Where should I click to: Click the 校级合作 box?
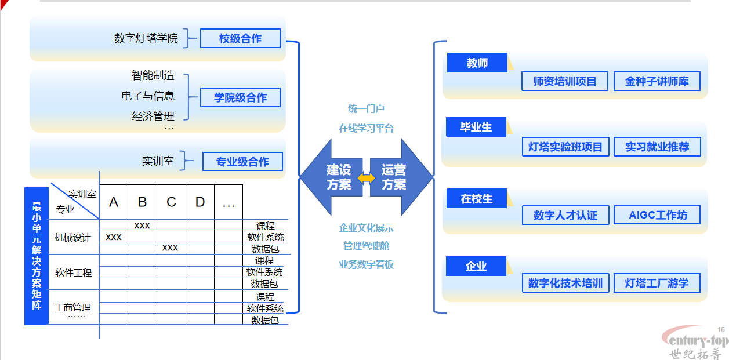point(240,39)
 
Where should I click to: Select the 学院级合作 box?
point(240,97)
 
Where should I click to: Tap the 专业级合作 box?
point(242,162)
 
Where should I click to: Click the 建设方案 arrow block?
point(334,177)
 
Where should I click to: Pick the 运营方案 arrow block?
point(398,177)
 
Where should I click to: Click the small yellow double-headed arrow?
point(366,178)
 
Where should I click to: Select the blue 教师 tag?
point(477,63)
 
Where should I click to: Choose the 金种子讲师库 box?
point(657,82)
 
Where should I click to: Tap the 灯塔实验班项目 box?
point(565,147)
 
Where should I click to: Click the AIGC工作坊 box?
point(657,215)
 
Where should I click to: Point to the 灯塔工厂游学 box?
point(657,283)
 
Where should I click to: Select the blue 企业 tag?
point(476,267)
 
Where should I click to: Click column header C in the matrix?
point(171,202)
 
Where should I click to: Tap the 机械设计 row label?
point(72,238)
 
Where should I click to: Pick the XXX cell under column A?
point(114,237)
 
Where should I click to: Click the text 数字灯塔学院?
point(146,39)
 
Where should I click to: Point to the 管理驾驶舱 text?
point(366,246)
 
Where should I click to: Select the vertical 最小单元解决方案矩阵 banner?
point(37,255)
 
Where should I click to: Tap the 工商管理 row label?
point(72,308)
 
